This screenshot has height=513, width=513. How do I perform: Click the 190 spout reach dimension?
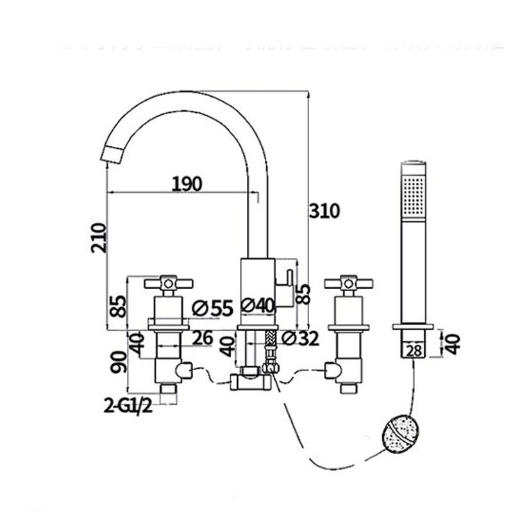tap(187, 184)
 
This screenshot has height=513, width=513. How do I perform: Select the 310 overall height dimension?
tap(324, 211)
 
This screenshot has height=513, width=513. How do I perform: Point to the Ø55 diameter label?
tap(212, 308)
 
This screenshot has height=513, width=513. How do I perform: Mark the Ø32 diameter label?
tap(299, 339)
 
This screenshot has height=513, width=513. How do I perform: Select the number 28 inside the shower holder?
tap(414, 349)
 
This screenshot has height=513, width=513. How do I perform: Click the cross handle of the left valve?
tap(168, 282)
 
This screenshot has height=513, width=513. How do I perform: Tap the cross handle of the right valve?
tap(349, 282)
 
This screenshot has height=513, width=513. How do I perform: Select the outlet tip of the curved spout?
tap(113, 155)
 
